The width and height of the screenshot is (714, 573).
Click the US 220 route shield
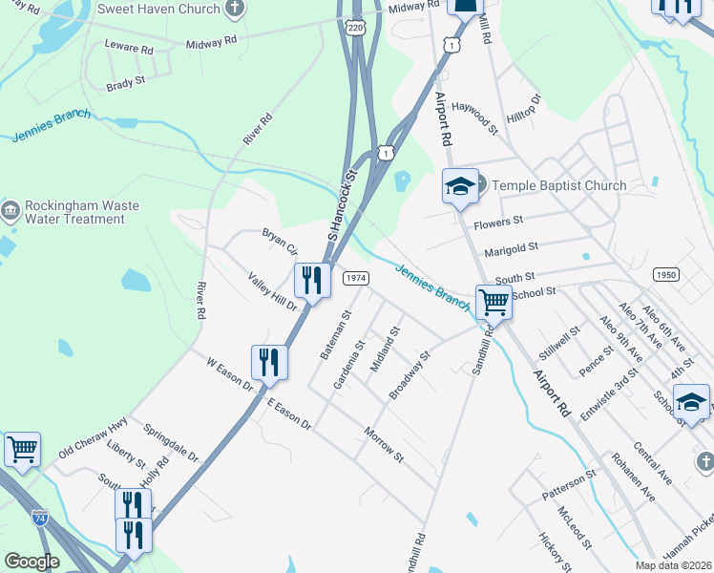coord(356,29)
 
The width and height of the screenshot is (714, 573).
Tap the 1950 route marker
coord(666,274)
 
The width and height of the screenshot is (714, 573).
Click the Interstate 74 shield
coord(40,518)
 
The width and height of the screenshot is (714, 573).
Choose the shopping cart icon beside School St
coord(493,303)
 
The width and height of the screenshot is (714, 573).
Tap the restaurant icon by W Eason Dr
coord(269,363)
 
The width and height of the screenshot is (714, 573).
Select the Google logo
coord(31,562)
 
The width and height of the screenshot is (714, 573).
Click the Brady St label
coord(125,82)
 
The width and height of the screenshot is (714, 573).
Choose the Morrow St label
coord(385,446)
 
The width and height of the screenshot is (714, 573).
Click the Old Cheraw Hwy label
coord(93,437)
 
